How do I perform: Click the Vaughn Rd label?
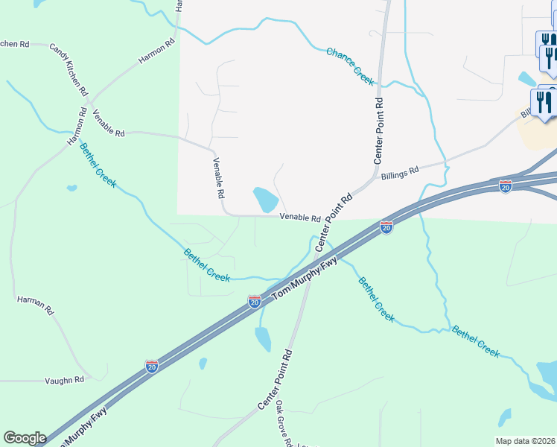point(63,379)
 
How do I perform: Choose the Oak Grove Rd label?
point(284,423)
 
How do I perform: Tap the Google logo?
point(25,438)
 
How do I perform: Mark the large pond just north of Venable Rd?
point(265,199)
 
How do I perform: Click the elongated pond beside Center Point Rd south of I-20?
point(263,339)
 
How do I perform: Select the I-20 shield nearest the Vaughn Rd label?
point(152,367)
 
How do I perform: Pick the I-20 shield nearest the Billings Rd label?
point(386,227)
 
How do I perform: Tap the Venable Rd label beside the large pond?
point(300,218)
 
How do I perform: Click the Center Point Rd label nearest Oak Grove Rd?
point(276,378)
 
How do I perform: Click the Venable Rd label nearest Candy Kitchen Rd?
point(108,122)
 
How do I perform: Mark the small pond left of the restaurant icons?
point(526,78)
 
